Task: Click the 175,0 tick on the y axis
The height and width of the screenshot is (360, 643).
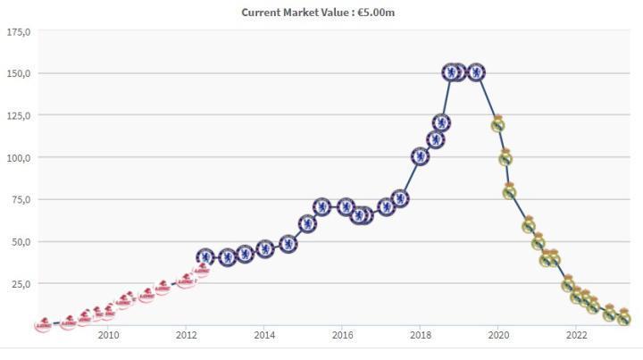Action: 19,32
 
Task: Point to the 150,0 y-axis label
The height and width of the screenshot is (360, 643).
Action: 19,73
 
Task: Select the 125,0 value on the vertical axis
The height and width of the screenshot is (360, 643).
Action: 19,115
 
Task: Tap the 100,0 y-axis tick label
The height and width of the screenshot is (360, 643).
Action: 19,158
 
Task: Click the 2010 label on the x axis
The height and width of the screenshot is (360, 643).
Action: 108,336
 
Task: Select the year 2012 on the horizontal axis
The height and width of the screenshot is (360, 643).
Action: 186,336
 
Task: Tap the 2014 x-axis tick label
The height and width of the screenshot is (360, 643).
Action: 264,336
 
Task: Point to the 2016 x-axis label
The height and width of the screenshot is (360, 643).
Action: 342,336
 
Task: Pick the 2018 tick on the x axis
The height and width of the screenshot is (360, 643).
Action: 421,336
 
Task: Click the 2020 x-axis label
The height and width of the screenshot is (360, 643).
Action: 498,336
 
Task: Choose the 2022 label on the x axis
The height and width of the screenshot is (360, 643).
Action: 577,336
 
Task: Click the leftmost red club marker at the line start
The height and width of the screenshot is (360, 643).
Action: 43,324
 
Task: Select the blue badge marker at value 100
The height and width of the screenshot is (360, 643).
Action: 420,156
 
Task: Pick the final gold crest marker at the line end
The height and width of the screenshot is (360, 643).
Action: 624,317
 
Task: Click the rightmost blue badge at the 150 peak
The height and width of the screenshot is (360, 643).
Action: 476,72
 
